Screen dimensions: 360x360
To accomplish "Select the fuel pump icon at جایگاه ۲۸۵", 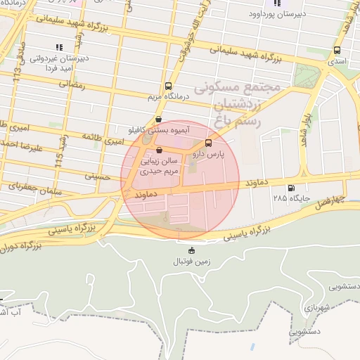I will [x=291, y=188].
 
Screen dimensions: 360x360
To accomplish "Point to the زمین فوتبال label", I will [x=192, y=262].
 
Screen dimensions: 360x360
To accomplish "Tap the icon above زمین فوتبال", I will [x=192, y=250].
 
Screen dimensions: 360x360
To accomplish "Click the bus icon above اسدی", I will [x=338, y=51].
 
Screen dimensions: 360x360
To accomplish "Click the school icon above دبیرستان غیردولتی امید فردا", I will [x=59, y=47].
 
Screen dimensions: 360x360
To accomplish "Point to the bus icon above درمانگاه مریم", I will [x=167, y=85].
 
